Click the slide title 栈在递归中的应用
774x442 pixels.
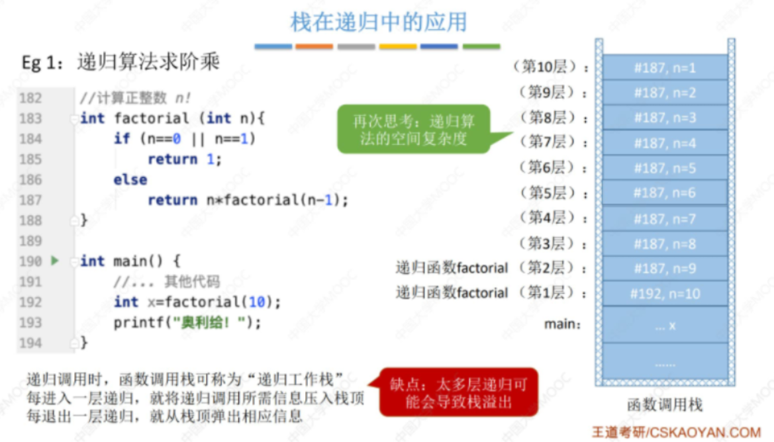[x=378, y=22]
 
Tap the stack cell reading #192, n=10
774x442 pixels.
[x=665, y=294]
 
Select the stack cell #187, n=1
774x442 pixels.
[x=665, y=67]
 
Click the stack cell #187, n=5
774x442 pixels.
[x=665, y=168]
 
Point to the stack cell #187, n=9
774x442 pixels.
[x=665, y=269]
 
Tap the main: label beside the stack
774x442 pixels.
[x=562, y=324]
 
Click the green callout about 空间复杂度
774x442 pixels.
[x=414, y=129]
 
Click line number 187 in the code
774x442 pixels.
[x=30, y=200]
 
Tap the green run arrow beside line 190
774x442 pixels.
[x=55, y=261]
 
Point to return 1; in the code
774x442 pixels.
[x=184, y=159]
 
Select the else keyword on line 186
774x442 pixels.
[x=130, y=180]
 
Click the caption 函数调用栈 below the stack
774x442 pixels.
[x=664, y=404]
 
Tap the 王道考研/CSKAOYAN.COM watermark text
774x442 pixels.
[x=675, y=431]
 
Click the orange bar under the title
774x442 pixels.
[x=314, y=46]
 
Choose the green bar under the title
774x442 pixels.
[x=481, y=46]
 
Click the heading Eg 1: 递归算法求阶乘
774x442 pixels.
[x=121, y=63]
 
